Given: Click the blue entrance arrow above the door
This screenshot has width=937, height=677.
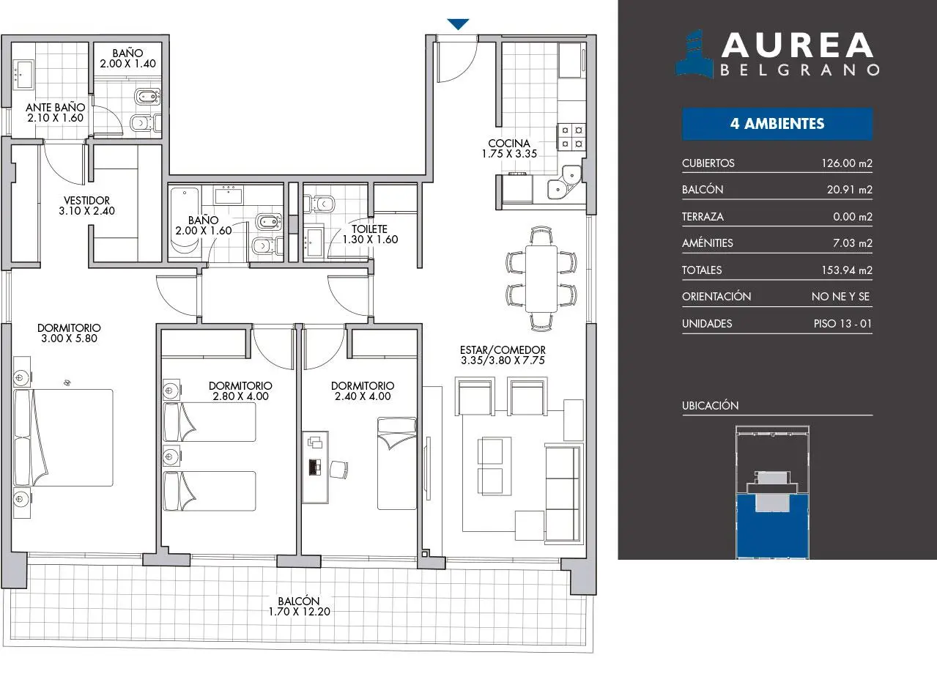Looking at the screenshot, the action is tap(458, 24).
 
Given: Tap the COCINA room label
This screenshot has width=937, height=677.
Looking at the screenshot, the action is tap(509, 143).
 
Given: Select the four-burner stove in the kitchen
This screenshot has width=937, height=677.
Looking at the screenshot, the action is tap(571, 137).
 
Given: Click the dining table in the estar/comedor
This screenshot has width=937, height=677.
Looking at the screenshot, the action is tap(541, 278).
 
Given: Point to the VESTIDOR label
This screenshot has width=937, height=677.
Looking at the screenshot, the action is tap(86, 201).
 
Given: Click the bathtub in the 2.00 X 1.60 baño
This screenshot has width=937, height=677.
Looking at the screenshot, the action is tap(185, 221).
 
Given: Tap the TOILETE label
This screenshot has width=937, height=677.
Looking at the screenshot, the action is tap(369, 229).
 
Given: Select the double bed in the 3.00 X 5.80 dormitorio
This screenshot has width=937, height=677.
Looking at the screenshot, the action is tap(63, 437).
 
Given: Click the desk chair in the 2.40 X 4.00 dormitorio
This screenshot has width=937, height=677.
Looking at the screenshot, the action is tap(338, 470).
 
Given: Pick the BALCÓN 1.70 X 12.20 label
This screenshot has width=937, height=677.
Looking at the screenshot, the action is tap(299, 606).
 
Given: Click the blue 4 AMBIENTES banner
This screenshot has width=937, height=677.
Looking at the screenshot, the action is tap(777, 124).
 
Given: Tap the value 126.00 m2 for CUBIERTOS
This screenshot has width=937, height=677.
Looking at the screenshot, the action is tap(847, 163).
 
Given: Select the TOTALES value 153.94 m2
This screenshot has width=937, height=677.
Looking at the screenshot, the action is tap(847, 270).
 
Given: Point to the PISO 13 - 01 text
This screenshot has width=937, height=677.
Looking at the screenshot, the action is tap(842, 324).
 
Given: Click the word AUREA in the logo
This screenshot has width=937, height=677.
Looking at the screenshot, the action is tap(797, 45).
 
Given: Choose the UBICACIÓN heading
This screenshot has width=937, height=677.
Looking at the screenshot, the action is tap(711, 405).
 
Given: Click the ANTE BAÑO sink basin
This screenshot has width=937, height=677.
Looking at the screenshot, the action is tap(24, 75).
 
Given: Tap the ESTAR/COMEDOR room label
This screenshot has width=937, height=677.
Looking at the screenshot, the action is tap(503, 349).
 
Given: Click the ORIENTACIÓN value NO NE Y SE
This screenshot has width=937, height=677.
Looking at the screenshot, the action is tap(840, 297).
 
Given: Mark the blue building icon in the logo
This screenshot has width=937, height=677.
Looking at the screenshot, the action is tap(695, 54).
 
